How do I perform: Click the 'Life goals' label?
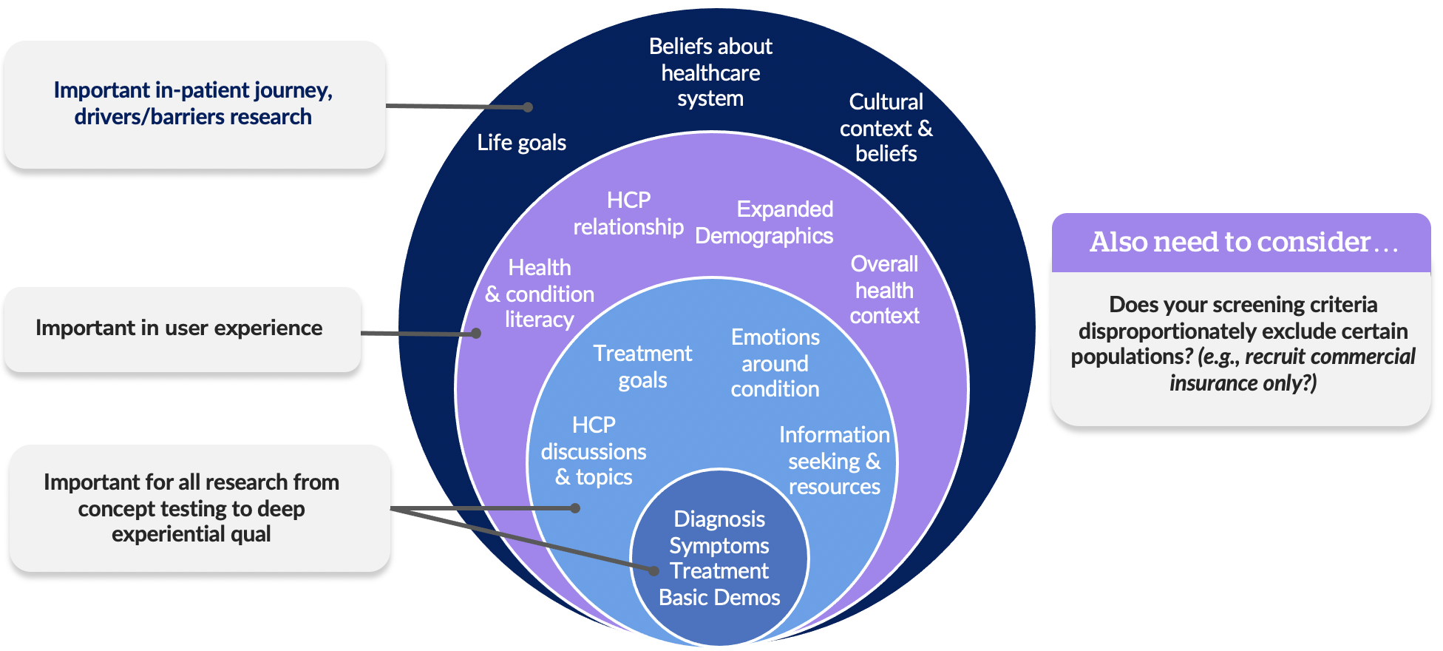coord(521,142)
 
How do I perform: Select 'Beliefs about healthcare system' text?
coord(710,72)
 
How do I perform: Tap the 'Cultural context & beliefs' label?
coord(886,128)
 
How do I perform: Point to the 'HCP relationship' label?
coord(628,214)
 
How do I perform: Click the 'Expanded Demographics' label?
coord(765,223)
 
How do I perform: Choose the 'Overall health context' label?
coord(884,290)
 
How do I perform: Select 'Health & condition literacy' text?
coord(540,294)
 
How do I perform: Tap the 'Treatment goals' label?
coord(642,367)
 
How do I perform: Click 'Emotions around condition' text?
coord(775,363)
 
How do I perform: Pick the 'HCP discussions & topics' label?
coord(594,451)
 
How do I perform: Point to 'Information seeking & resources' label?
coord(834,461)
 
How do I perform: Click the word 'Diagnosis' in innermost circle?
coord(719,519)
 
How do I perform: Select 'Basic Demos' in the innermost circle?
coord(719,598)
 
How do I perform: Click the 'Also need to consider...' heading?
coord(1243,243)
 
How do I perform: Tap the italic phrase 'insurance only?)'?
coord(1243,383)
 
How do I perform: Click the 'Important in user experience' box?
coord(180,328)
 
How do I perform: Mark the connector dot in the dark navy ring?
coord(528,107)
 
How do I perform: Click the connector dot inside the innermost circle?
coord(653,570)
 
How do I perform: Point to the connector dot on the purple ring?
coord(476,334)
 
